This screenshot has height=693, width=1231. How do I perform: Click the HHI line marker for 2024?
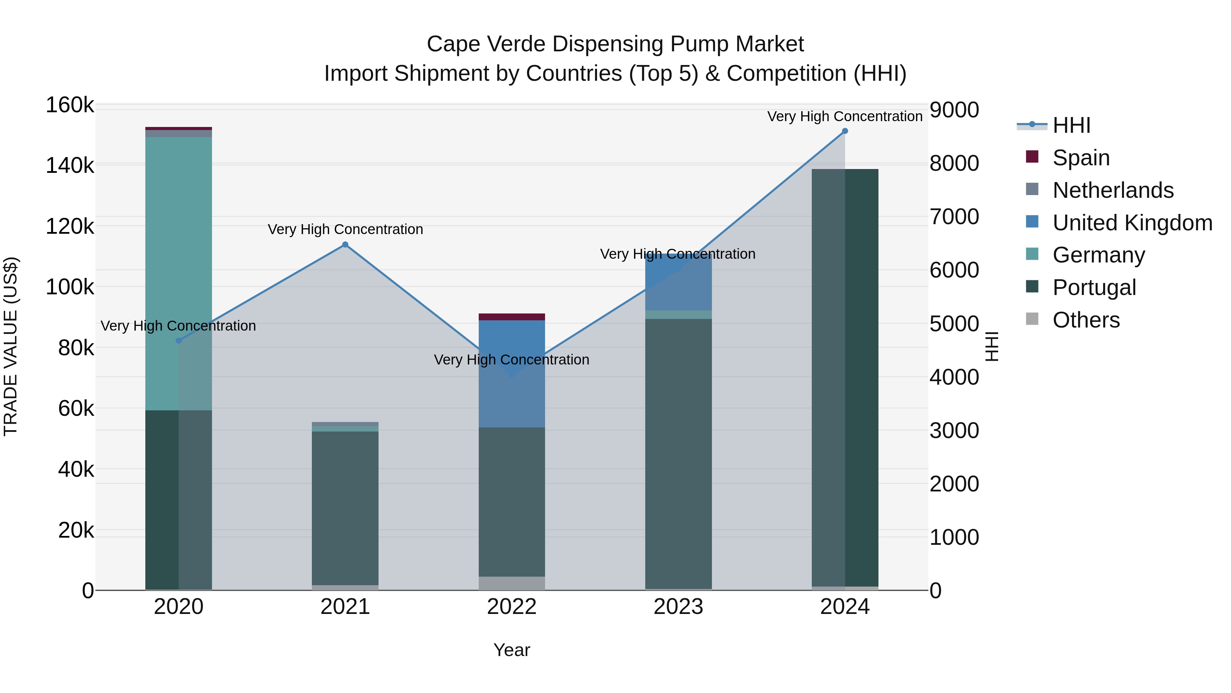[x=844, y=131]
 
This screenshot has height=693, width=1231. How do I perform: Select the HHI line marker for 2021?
[x=345, y=245]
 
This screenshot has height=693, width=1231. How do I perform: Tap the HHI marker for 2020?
[x=179, y=341]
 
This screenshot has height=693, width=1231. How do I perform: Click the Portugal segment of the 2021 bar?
[x=345, y=507]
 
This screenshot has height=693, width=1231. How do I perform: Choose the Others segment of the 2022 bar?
[x=512, y=583]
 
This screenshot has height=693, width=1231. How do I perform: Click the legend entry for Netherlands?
[x=1112, y=190]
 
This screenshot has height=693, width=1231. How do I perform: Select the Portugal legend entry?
[x=1094, y=287]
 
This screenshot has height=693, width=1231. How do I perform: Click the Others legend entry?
[x=1086, y=320]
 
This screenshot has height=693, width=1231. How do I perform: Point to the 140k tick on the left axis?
[x=70, y=166]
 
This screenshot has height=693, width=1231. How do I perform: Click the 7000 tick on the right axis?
[x=954, y=217]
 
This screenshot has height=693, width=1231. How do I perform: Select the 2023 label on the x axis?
[x=678, y=607]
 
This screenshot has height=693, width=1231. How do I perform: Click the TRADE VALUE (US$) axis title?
[x=11, y=346]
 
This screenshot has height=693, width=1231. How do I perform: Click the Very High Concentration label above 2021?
[x=345, y=230]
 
